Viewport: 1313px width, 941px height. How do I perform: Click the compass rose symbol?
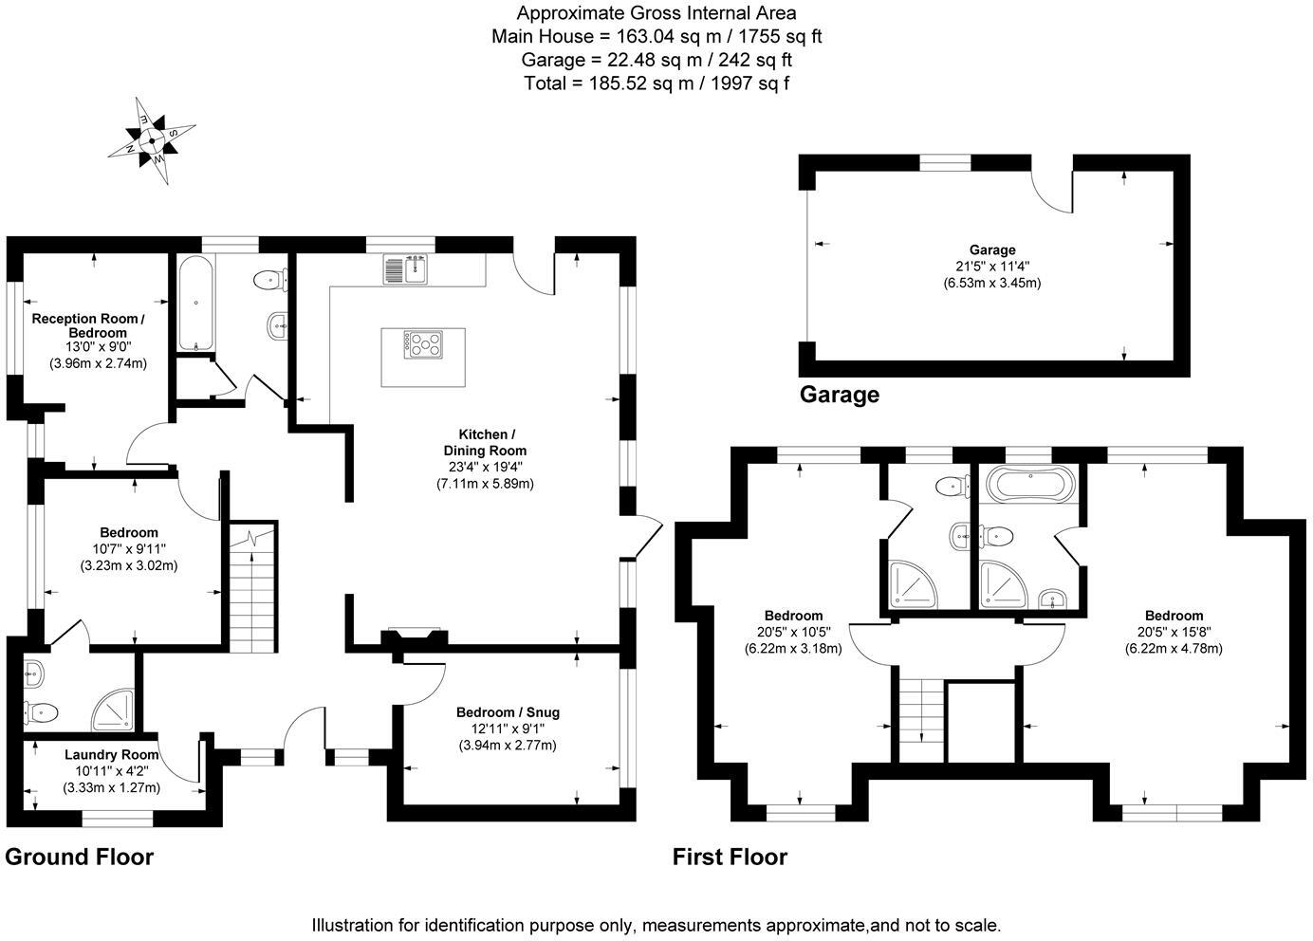pos(152,140)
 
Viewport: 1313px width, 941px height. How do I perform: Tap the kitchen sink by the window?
pos(406,269)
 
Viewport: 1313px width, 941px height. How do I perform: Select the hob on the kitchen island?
pos(423,344)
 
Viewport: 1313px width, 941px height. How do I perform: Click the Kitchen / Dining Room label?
pos(486,442)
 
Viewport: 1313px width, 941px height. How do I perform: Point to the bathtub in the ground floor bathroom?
pos(195,303)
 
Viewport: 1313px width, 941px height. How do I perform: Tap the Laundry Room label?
pos(111,755)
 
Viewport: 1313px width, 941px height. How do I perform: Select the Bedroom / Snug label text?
pos(509,712)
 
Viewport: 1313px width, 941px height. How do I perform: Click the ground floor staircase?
pos(252,586)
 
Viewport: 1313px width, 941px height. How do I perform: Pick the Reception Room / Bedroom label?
pos(88,325)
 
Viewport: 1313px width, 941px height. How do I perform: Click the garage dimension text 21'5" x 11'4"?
pos(992,267)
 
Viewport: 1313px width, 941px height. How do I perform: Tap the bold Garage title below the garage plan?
pos(840,395)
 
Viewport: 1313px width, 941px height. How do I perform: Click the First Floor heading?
pos(730,858)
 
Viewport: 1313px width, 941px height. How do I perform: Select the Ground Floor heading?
pos(79,858)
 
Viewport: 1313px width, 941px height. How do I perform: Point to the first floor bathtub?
pos(1031,485)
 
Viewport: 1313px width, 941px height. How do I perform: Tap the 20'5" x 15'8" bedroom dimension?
pos(1174,632)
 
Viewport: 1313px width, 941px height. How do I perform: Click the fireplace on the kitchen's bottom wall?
pos(415,637)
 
